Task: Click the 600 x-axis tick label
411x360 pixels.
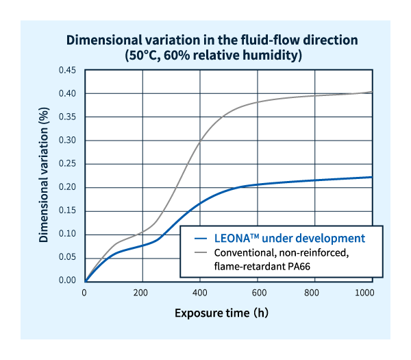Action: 258,293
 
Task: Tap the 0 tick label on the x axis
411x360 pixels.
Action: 85,293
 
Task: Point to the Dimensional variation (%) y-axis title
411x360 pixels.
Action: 43,176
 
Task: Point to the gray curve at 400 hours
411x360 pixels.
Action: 200,141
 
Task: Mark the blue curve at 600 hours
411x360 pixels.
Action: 258,184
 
